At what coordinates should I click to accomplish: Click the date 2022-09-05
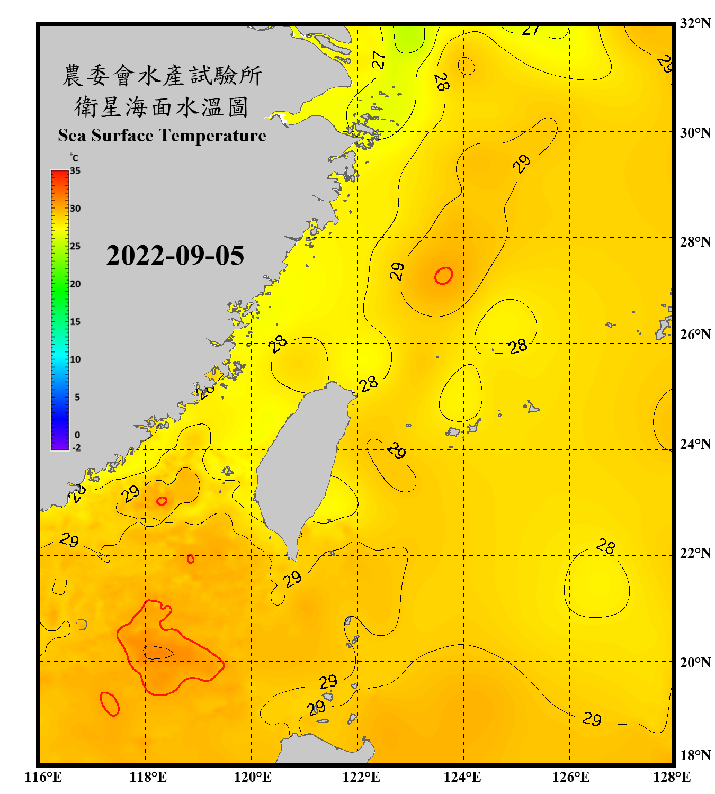coord(175,256)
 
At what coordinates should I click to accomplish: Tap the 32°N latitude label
coord(695,23)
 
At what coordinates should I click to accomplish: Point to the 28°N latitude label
coord(695,241)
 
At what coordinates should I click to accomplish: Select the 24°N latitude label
coord(695,444)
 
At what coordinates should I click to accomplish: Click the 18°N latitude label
coord(695,755)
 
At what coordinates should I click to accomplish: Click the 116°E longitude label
coord(43,777)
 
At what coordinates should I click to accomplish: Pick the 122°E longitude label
coord(361,777)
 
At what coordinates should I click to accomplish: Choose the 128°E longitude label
coord(672,777)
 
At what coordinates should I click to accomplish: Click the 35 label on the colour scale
coord(75,171)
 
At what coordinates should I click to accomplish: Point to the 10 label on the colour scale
coord(75,359)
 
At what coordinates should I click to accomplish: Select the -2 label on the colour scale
coord(76,448)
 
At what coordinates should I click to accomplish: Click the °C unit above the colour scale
coord(74,158)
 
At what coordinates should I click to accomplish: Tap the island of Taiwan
coord(302,461)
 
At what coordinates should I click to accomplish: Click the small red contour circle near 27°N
coord(444,276)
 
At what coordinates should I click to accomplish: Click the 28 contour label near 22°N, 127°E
coord(606,546)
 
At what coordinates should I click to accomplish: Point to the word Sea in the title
coord(72,136)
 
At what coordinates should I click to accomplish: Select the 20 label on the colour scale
coord(75,284)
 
